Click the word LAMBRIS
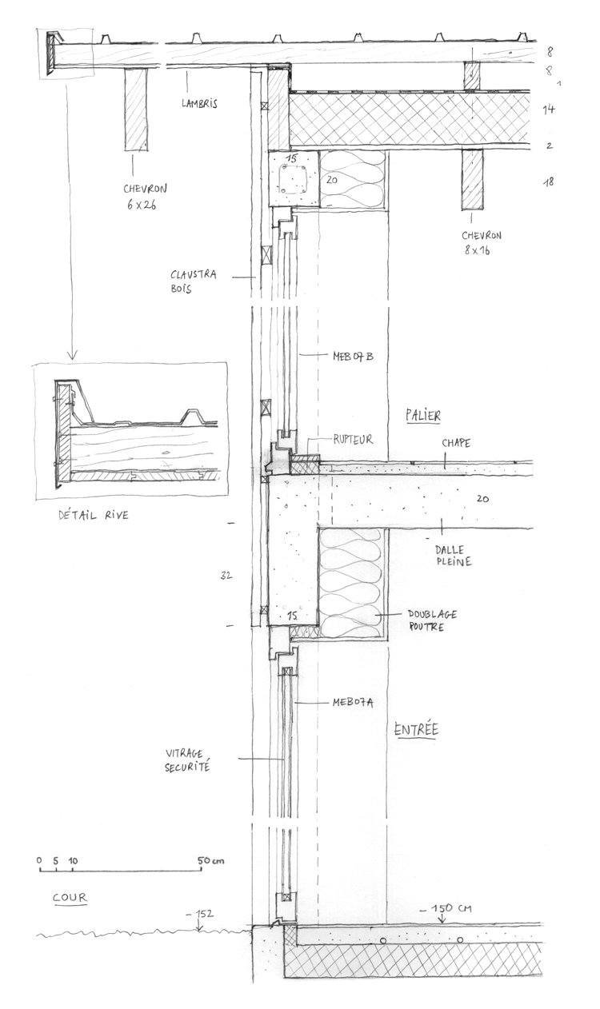pyautogui.click(x=199, y=103)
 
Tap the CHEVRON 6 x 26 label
pyautogui.click(x=145, y=197)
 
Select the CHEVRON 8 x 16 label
pyautogui.click(x=481, y=242)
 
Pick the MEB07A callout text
pyautogui.click(x=353, y=703)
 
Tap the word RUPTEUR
pyautogui.click(x=354, y=439)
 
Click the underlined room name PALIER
pyautogui.click(x=424, y=416)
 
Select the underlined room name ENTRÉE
pyautogui.click(x=417, y=729)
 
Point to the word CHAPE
pyautogui.click(x=454, y=443)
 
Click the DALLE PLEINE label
pyautogui.click(x=453, y=556)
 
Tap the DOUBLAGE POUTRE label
pyautogui.click(x=430, y=620)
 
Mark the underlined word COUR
pyautogui.click(x=70, y=898)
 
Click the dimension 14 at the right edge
pyautogui.click(x=549, y=110)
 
